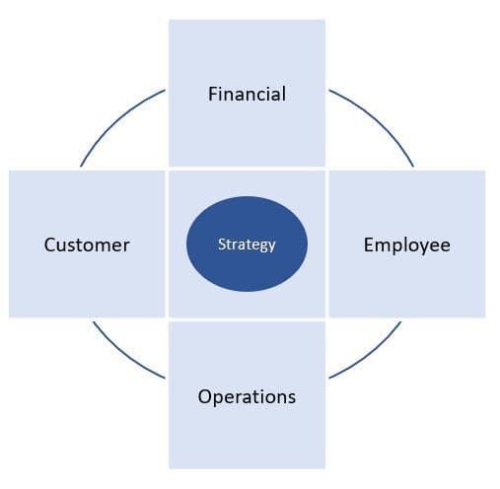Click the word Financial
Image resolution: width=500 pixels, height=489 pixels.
(247, 94)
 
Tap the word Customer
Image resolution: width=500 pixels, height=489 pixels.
(87, 244)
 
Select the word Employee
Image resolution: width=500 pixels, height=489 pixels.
(407, 245)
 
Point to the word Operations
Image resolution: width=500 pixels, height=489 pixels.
(247, 397)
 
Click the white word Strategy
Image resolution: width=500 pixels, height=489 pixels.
(247, 245)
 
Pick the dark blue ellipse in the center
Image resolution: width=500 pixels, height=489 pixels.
(247, 244)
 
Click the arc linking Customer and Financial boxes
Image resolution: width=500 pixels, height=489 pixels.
(116, 121)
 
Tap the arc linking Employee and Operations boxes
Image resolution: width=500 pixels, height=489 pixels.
(371, 356)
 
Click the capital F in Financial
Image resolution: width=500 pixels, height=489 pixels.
(213, 94)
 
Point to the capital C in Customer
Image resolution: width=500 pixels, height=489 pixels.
(50, 245)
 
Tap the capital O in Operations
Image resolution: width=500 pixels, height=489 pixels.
(205, 396)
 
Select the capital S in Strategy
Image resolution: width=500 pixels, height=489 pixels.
(222, 244)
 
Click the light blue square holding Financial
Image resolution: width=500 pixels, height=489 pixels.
(247, 93)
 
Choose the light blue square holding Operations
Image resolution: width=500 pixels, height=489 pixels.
(247, 395)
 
